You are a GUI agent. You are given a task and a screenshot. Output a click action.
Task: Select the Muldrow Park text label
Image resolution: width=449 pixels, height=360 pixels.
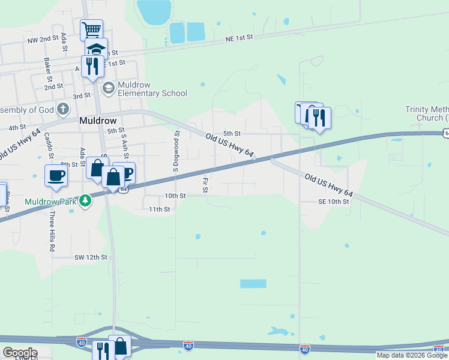(x=51, y=202)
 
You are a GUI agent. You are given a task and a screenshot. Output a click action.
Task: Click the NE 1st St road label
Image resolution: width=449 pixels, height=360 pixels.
(x=240, y=37)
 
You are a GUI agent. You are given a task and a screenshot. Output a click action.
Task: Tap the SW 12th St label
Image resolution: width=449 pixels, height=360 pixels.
(x=90, y=257)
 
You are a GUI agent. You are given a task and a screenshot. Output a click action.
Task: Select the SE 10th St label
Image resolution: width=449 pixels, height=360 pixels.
(x=334, y=202)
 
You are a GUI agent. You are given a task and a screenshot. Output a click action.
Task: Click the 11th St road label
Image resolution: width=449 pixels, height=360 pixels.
(x=160, y=209)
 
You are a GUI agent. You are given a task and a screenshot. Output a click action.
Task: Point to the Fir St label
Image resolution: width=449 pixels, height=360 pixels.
(x=205, y=185)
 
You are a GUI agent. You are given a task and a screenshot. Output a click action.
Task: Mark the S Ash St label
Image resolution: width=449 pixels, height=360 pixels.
(x=125, y=145)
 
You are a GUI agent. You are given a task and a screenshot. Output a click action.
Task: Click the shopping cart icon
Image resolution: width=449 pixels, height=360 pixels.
(x=91, y=29)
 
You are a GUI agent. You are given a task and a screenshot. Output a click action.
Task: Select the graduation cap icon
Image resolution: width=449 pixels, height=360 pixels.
(x=96, y=48)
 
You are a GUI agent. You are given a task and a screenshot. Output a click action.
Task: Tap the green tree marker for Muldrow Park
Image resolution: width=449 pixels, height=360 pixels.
(x=86, y=200)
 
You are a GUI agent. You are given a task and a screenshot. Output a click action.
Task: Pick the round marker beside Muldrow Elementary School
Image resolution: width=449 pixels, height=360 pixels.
(x=109, y=89)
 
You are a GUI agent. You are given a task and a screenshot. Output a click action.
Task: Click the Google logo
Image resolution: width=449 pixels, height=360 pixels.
(x=20, y=352)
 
